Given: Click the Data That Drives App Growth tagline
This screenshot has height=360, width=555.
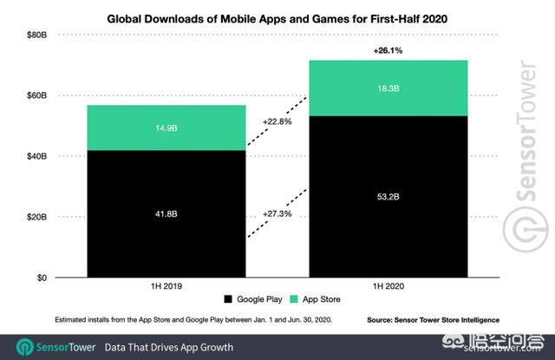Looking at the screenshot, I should coord(169,347).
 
